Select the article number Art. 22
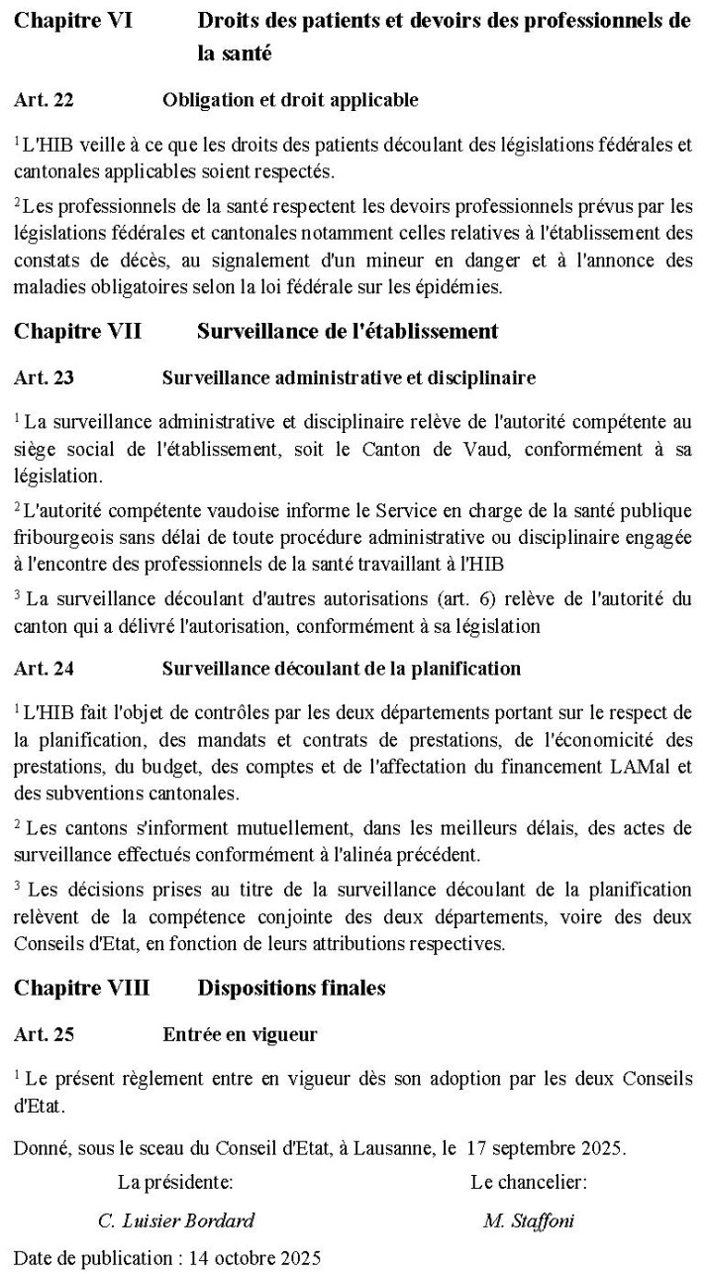click(44, 99)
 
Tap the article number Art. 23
click(44, 377)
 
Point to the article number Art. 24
click(44, 669)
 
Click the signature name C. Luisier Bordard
click(176, 1221)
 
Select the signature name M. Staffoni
click(529, 1221)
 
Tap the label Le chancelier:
click(529, 1183)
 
